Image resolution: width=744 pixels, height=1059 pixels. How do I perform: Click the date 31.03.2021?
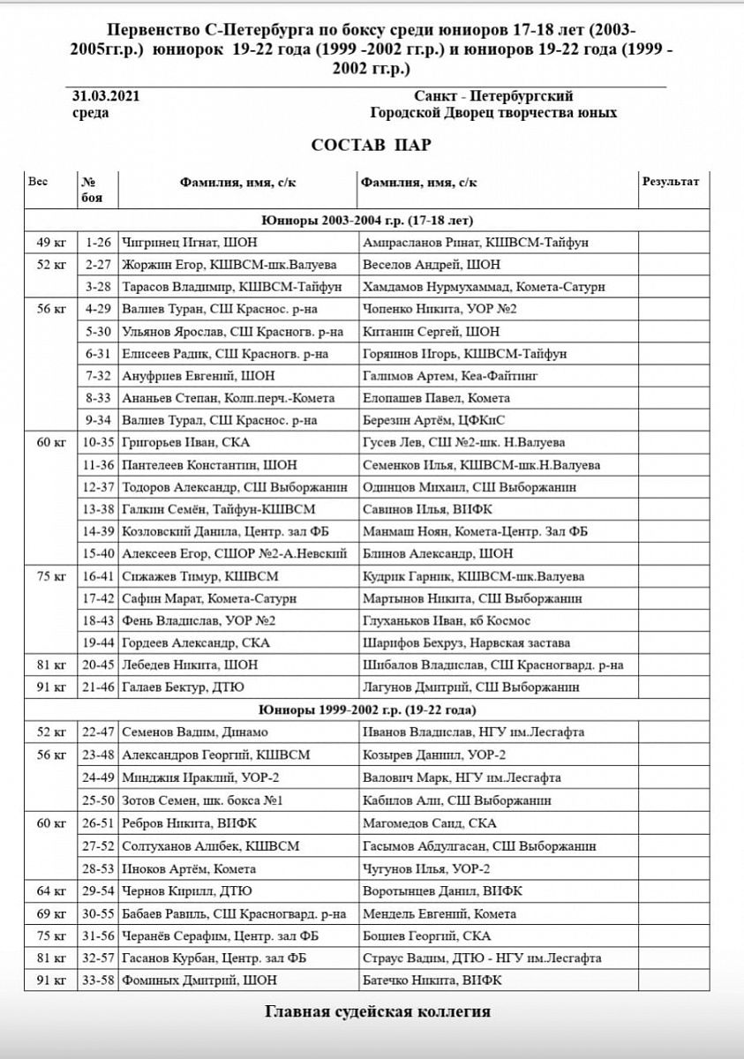point(105,96)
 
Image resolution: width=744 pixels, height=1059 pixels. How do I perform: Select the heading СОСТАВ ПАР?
point(371,145)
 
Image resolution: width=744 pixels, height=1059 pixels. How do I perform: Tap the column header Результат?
point(670,182)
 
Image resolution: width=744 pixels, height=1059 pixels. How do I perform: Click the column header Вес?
point(38,181)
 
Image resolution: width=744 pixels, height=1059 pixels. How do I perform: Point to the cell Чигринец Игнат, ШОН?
point(183,242)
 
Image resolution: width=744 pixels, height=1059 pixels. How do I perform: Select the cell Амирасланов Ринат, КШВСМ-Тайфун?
point(475,242)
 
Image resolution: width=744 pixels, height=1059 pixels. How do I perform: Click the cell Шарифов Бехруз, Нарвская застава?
point(467,643)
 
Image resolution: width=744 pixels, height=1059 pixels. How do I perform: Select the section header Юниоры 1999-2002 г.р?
point(367,710)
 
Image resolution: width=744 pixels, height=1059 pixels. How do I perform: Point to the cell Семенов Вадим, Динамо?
point(194,732)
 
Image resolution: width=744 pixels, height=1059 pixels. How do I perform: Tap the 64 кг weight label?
point(50,890)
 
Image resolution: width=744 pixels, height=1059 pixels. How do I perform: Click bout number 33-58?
point(98,980)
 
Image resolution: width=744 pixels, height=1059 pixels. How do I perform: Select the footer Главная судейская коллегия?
point(377,1011)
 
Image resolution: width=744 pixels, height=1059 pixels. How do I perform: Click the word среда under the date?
point(90,113)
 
